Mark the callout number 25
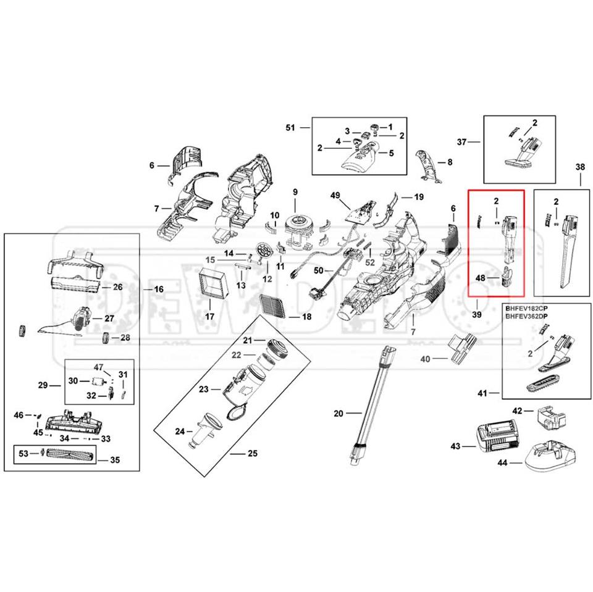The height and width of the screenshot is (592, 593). (252, 454)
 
